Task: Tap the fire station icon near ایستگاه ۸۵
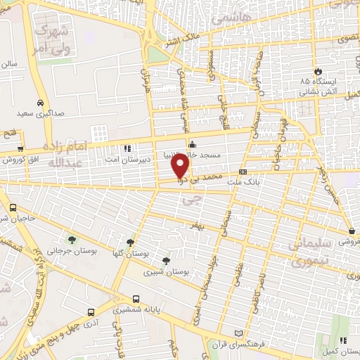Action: [x=319, y=71]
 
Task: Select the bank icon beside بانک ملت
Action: [x=243, y=171]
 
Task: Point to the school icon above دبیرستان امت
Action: [x=127, y=148]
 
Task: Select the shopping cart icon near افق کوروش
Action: [x=19, y=148]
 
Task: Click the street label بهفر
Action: [x=200, y=224]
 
